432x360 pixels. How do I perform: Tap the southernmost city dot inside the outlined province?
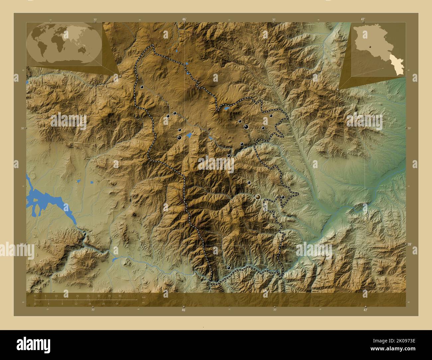point(229,268)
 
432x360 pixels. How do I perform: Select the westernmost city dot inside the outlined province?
point(142,87)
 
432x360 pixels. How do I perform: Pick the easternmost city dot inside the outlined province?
point(282,197)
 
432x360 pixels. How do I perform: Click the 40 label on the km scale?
point(120,296)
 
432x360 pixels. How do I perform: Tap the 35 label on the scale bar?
point(109,296)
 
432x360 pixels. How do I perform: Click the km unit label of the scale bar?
point(144,298)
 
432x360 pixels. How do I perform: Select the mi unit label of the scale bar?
point(143,302)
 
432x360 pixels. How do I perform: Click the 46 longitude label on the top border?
point(184,20)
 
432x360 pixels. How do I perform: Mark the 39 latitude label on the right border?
point(409,244)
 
